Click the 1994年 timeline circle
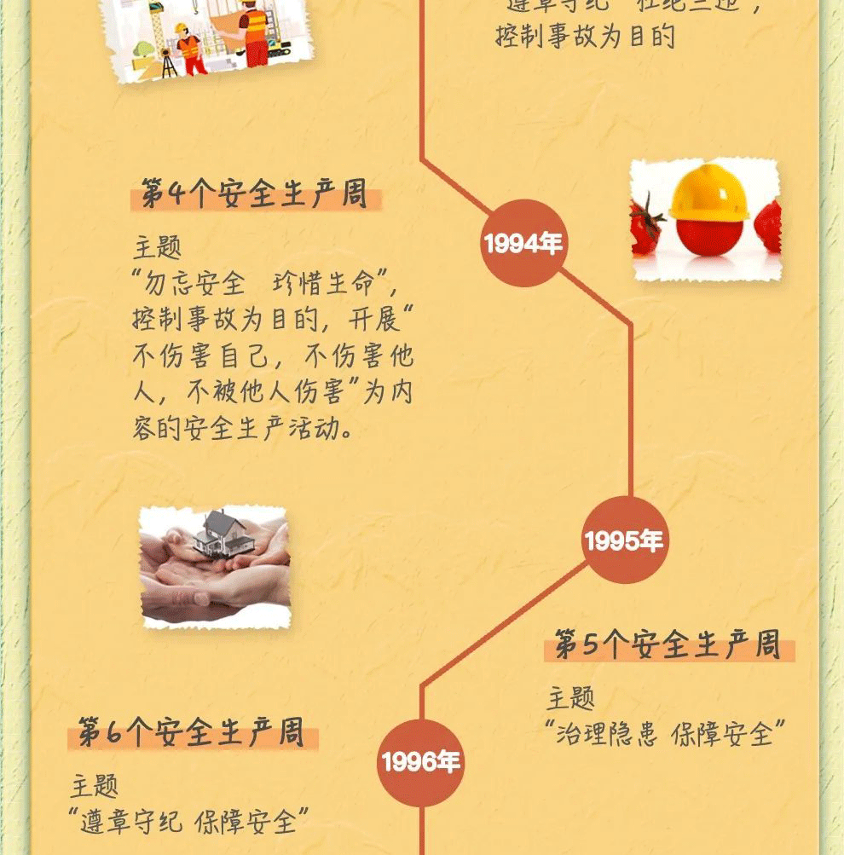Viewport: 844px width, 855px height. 523,244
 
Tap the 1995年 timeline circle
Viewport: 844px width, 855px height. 624,540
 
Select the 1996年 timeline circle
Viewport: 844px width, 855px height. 421,762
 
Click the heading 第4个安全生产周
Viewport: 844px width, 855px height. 254,195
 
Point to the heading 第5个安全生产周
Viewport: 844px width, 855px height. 668,645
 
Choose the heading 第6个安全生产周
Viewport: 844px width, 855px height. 192,733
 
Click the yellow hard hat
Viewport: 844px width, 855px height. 708,194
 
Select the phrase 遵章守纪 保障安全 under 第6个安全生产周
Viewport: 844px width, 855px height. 188,821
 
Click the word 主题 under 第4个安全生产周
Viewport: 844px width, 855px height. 157,248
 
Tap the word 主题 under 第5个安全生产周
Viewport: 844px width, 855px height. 570,698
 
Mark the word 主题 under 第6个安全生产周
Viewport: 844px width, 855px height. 95,785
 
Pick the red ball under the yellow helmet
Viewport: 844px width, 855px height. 709,236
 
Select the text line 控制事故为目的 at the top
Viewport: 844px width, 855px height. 585,37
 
